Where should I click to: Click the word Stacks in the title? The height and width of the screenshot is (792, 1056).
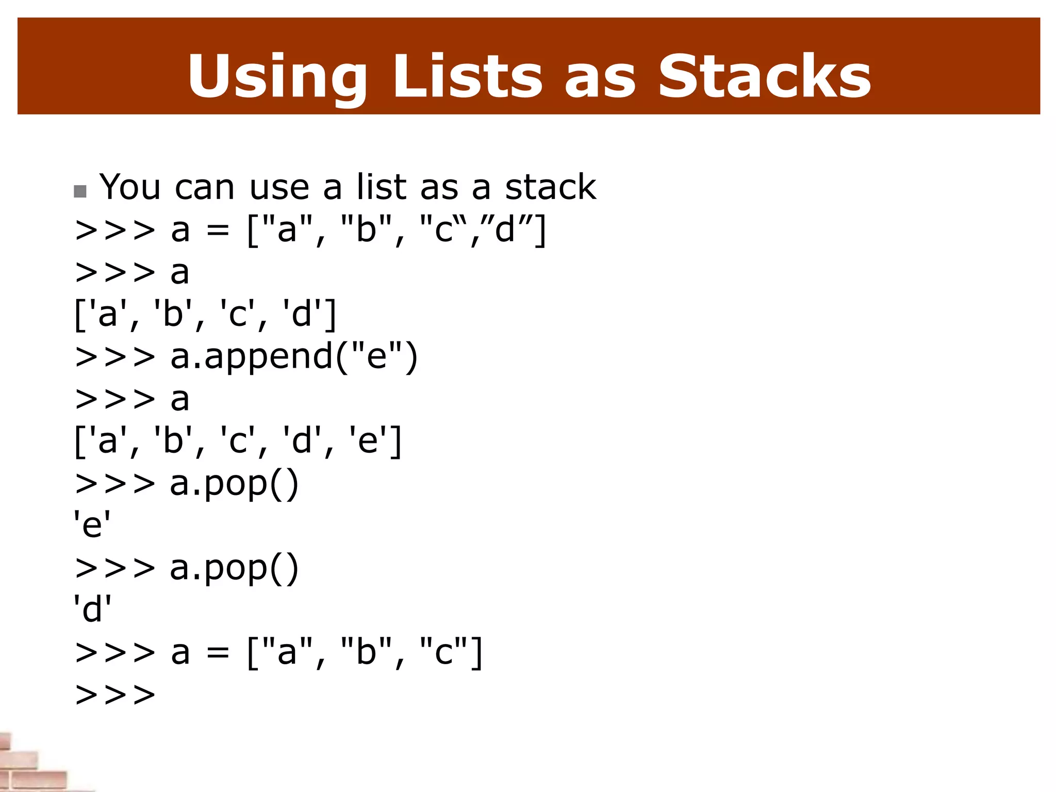764,76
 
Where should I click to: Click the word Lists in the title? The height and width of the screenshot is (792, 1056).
467,76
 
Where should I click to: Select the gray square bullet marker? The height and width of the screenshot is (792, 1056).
80,192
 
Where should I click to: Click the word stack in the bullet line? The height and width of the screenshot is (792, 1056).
550,187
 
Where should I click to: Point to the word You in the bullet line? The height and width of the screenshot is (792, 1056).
130,187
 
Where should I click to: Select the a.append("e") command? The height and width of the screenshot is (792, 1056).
294,357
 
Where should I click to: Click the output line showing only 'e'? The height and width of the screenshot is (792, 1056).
92,525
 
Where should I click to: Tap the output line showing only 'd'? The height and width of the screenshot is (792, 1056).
92,609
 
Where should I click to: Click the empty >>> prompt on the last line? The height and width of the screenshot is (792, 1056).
115,694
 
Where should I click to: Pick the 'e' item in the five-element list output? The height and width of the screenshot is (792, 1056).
368,441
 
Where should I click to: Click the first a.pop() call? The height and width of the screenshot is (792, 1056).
234,484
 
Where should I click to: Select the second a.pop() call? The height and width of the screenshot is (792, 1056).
234,568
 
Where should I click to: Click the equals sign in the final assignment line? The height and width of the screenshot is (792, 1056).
218,652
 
